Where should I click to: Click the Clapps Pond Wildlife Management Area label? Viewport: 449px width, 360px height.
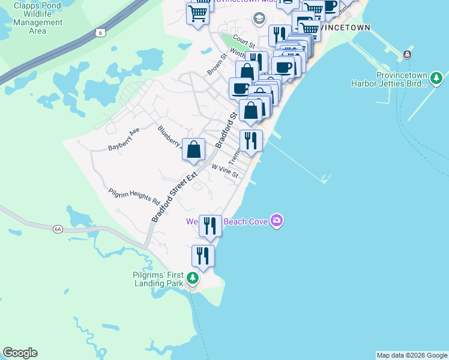(38, 18)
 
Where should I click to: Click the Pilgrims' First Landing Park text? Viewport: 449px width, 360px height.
(157, 279)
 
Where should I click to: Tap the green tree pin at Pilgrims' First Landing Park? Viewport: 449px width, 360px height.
(193, 278)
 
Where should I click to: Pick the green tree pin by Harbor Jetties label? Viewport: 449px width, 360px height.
(436, 79)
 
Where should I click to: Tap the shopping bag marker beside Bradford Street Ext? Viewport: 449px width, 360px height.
(193, 150)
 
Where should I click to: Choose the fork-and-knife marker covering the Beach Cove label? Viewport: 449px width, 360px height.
(210, 226)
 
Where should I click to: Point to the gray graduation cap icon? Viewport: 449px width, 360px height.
(259, 18)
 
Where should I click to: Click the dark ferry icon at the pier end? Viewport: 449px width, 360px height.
(408, 55)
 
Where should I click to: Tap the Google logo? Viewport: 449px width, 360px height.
(20, 353)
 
